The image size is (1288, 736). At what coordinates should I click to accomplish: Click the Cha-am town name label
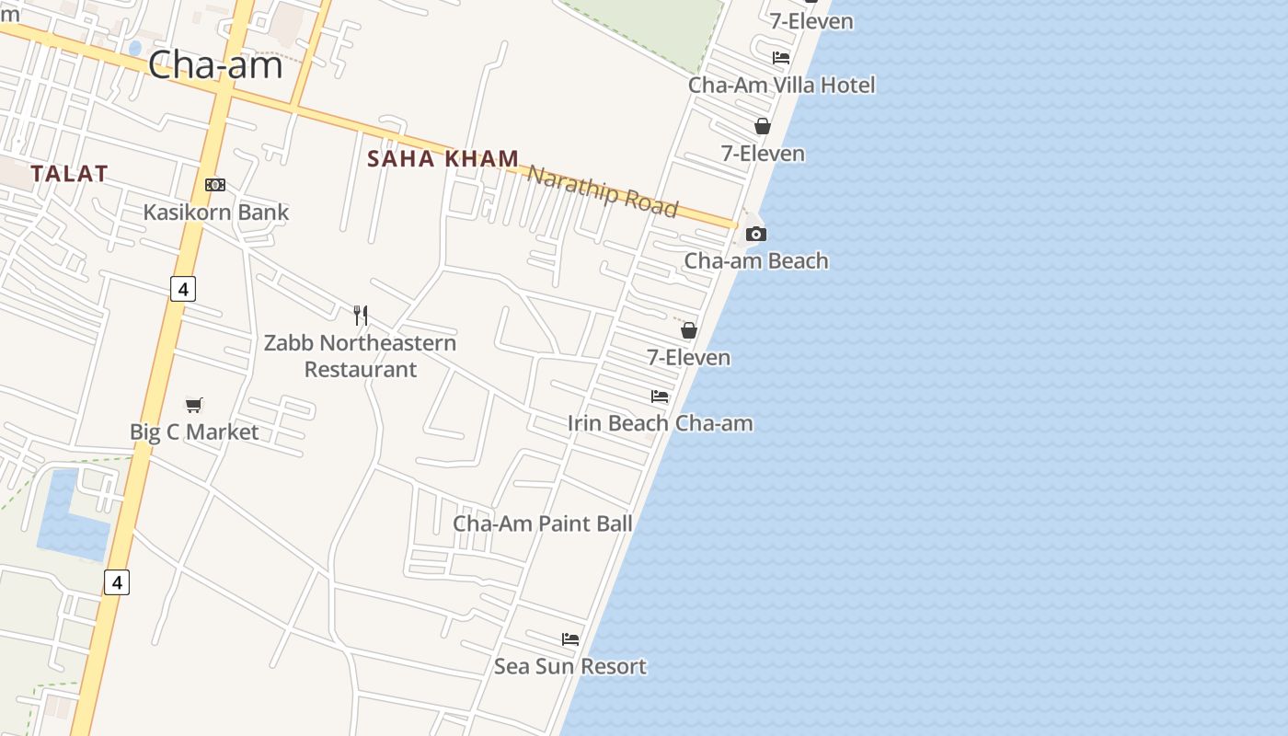[x=214, y=64]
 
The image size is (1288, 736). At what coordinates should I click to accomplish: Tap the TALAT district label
[x=69, y=173]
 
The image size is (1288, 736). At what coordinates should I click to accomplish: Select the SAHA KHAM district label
[x=443, y=158]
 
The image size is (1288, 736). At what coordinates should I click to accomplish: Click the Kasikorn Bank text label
[x=216, y=213]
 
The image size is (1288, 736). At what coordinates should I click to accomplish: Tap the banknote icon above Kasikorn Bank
[x=215, y=185]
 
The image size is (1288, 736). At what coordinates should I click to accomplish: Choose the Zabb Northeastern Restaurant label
[x=360, y=355]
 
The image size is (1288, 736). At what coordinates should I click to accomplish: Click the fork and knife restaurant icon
[x=361, y=316]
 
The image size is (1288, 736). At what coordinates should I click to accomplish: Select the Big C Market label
[x=194, y=431]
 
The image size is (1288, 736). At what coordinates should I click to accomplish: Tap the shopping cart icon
[x=193, y=405]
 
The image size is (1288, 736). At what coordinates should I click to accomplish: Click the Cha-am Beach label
[x=756, y=261]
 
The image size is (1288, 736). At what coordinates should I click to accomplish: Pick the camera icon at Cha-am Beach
[x=755, y=234]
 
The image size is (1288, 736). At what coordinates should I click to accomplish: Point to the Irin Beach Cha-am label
[x=660, y=423]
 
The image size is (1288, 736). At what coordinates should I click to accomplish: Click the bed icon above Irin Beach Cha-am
[x=660, y=397]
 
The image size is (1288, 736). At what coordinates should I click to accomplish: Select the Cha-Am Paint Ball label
[x=542, y=523]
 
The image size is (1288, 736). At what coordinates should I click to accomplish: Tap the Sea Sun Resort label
[x=570, y=666]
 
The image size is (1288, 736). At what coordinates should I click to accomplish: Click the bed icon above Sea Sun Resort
[x=570, y=638]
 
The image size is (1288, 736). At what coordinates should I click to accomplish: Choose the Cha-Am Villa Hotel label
[x=782, y=85]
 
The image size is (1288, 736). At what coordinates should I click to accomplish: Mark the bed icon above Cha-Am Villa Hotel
[x=781, y=57]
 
